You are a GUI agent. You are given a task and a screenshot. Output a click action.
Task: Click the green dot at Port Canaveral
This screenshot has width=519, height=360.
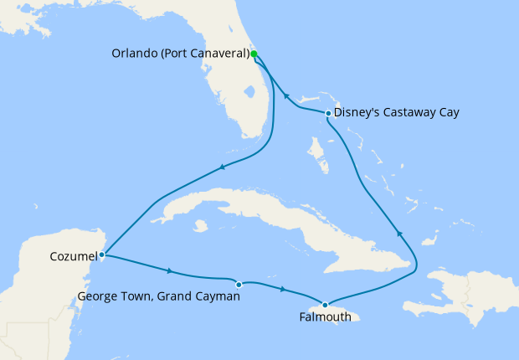tap(254, 54)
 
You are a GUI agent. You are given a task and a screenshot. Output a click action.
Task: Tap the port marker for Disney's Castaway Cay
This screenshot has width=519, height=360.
tap(327, 112)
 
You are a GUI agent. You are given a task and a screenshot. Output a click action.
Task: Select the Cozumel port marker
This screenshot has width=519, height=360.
tap(101, 255)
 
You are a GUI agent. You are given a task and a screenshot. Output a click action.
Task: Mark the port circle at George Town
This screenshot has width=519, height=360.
tap(239, 285)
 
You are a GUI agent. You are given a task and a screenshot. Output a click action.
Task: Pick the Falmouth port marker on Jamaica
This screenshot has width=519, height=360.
tap(325, 305)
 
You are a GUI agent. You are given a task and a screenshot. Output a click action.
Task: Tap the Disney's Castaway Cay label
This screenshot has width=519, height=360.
tap(396, 112)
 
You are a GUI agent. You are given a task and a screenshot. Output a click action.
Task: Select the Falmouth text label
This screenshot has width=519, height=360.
tap(323, 318)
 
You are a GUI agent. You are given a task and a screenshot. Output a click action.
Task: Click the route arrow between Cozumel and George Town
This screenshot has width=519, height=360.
tap(170, 270)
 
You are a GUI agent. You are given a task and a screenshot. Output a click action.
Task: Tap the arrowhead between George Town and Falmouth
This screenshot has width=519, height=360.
tap(282, 290)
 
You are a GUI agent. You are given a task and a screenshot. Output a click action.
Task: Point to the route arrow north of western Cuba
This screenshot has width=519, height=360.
tap(223, 167)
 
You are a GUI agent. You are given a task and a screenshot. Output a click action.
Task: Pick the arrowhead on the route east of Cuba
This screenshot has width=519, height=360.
tap(399, 234)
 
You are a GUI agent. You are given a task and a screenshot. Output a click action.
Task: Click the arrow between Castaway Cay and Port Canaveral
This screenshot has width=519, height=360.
tap(285, 95)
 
